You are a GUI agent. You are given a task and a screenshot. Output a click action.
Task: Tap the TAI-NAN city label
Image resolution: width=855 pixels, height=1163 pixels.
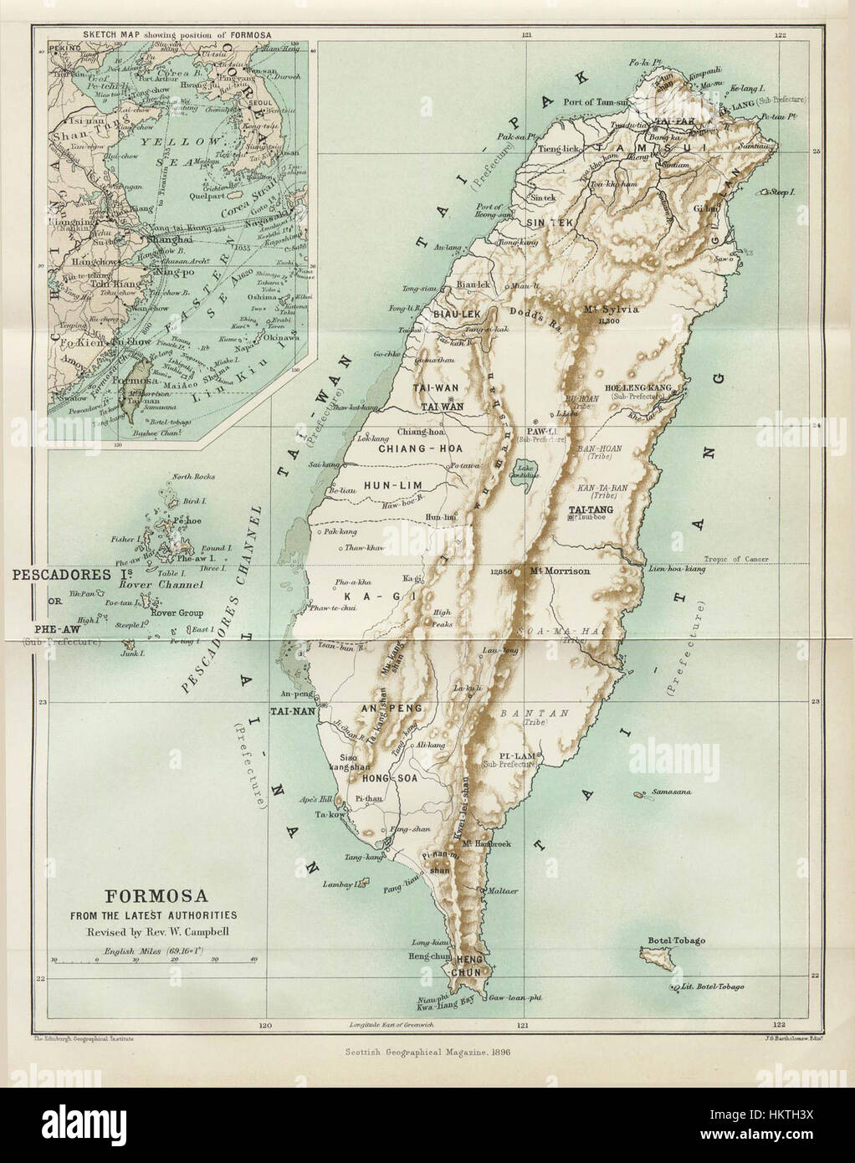coord(291,711)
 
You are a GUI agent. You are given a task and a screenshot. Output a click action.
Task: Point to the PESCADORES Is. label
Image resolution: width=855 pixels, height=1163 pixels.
coord(63,575)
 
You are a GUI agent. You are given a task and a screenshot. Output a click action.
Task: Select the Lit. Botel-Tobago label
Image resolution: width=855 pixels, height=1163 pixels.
coord(712,987)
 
